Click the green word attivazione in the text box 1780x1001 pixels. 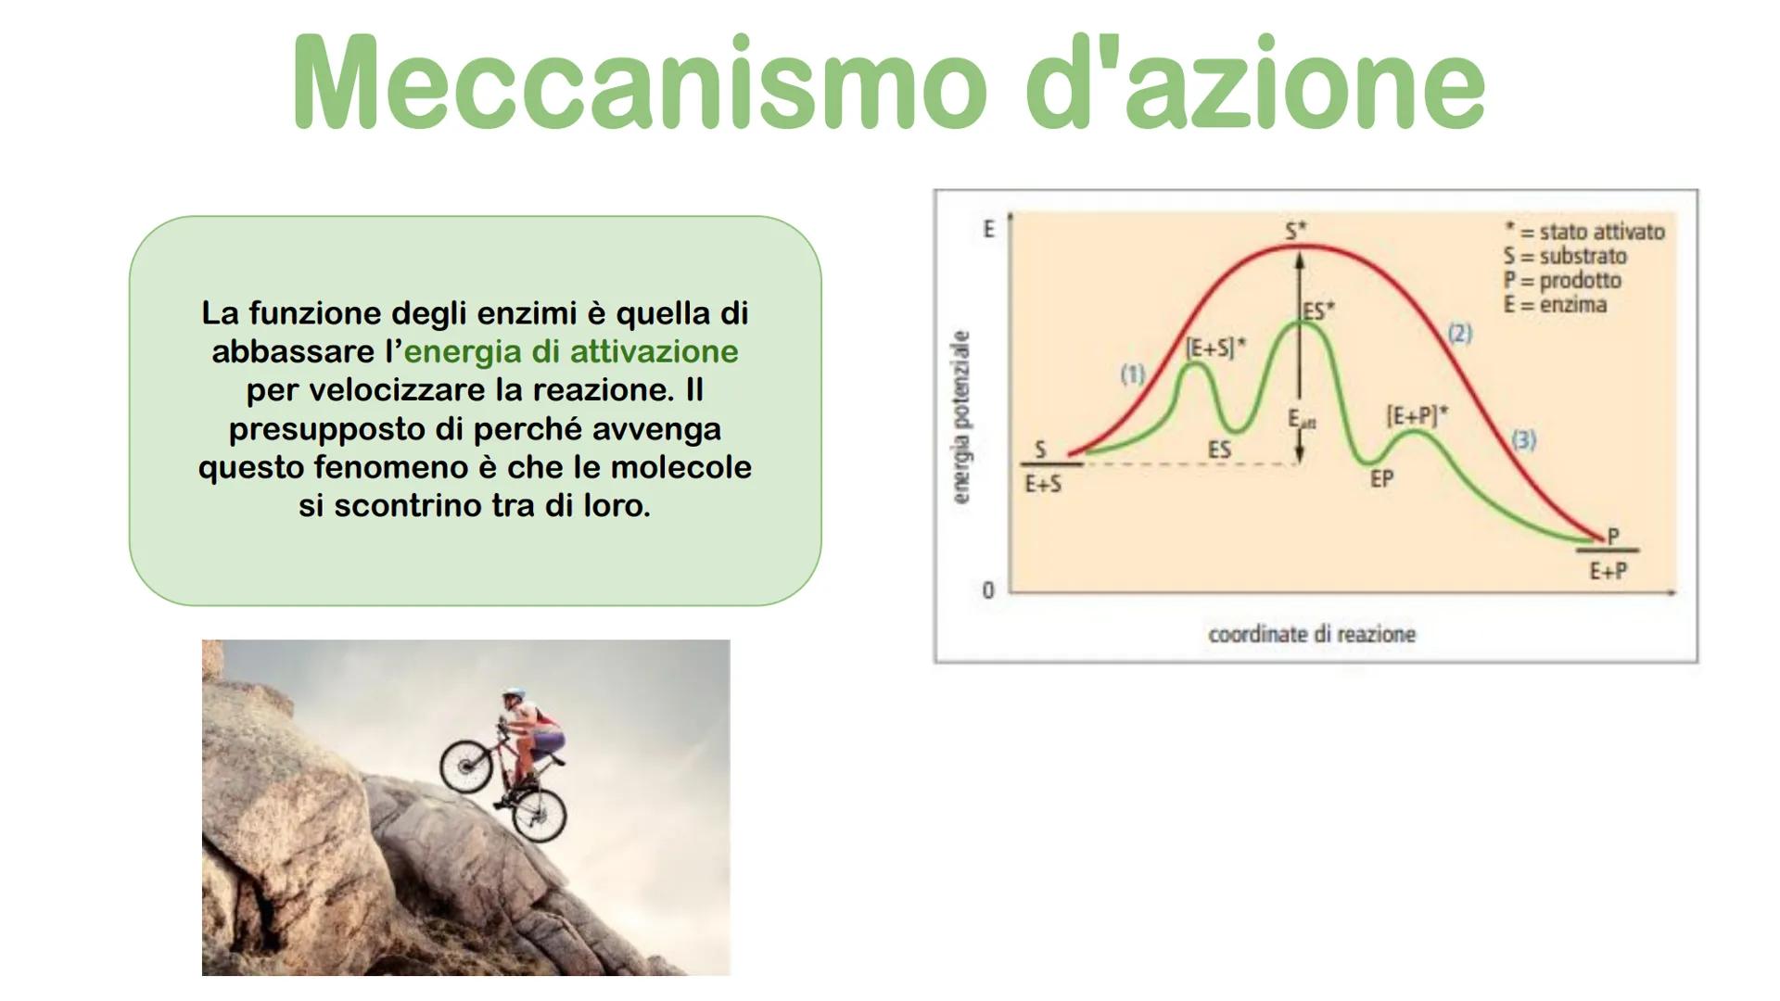coord(654,352)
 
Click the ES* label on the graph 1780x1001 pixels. coord(1318,310)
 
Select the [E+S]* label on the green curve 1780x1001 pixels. coord(1215,348)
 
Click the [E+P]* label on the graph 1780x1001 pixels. coord(1417,416)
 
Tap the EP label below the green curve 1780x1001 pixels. coord(1381,479)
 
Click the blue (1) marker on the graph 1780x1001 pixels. coord(1133,374)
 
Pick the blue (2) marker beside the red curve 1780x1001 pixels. coord(1460,334)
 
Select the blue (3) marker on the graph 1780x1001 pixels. coord(1523,440)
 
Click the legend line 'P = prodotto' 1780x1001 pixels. coord(1562,281)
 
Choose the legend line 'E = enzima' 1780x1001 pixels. coord(1555,305)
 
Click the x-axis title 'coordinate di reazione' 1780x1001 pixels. coord(1312,635)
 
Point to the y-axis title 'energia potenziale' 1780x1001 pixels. coord(961,417)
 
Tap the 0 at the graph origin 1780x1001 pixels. coord(988,590)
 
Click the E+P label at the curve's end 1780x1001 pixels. coord(1608,571)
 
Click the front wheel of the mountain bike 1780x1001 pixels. coord(466,766)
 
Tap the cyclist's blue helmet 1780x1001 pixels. coord(513,694)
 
